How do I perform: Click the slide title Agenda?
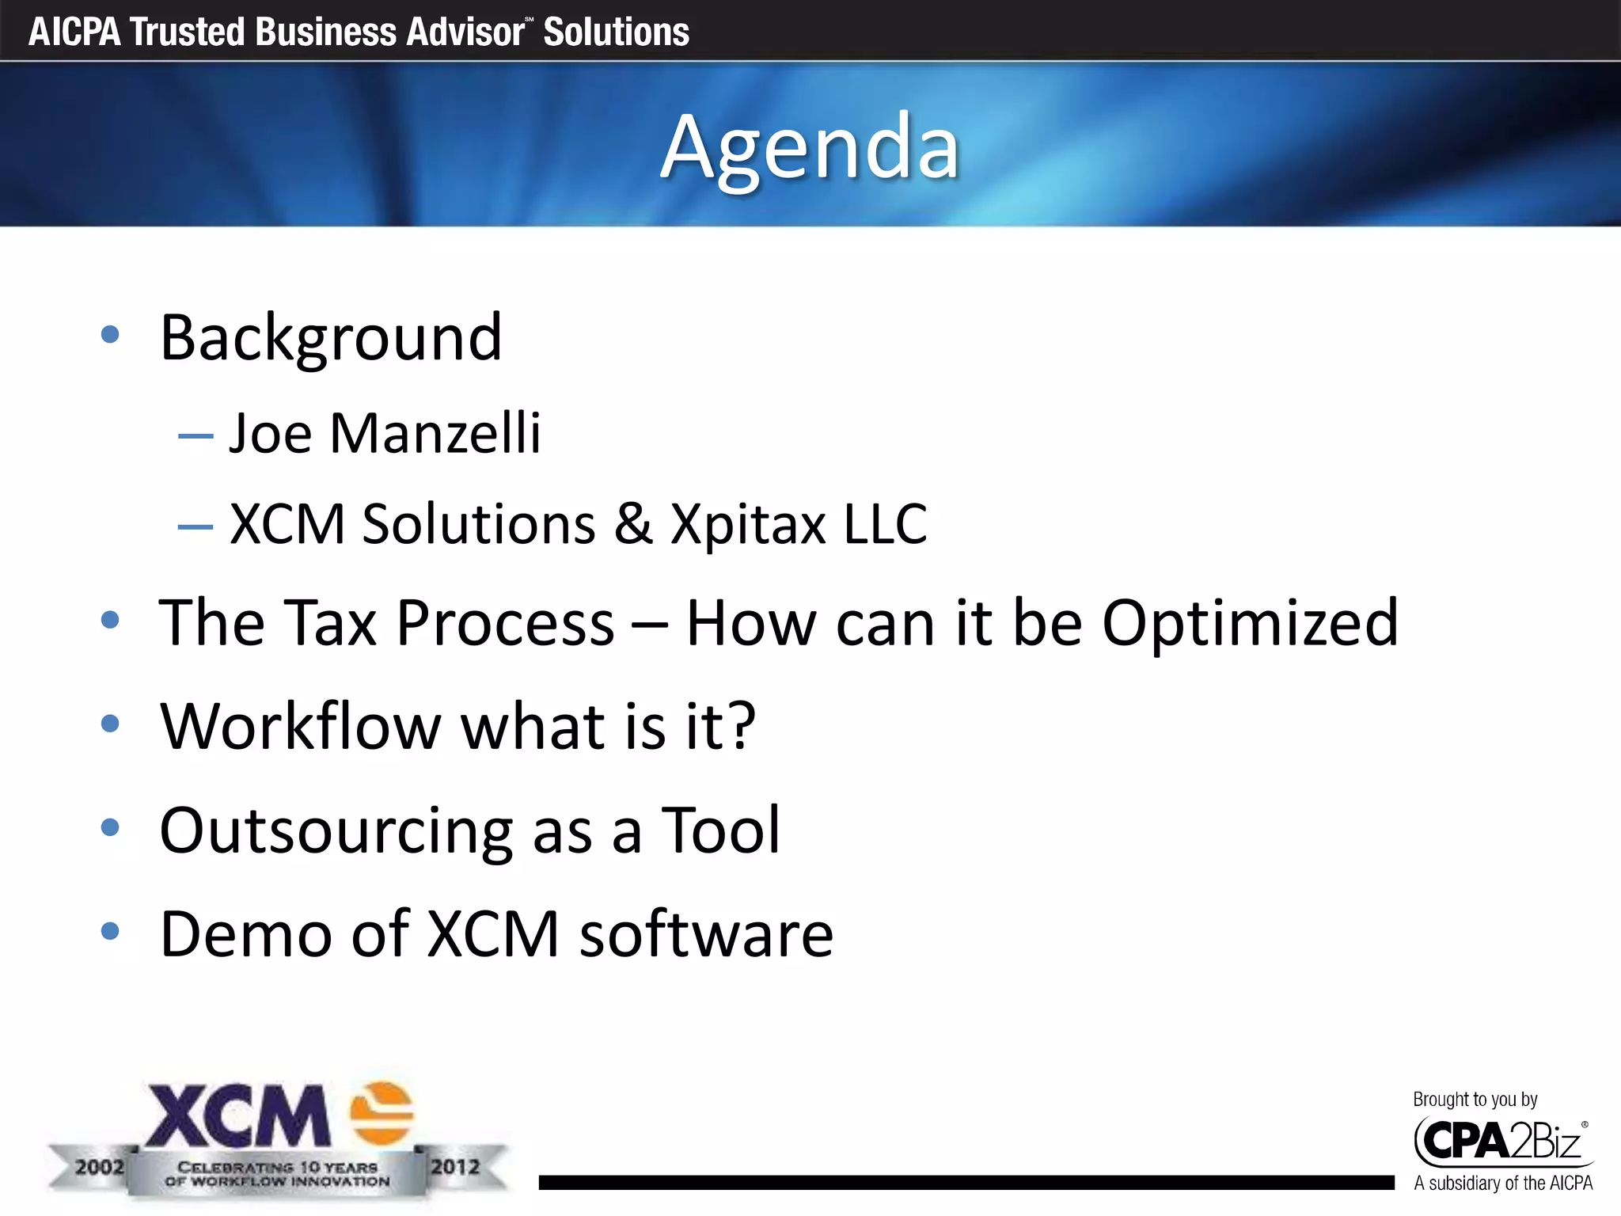tap(810, 148)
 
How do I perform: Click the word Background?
tap(331, 338)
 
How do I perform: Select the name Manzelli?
tap(435, 434)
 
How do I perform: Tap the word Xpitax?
tap(748, 524)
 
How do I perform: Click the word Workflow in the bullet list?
tap(300, 726)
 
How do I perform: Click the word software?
tap(706, 935)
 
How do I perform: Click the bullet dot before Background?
tap(110, 334)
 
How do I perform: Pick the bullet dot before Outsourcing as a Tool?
tap(110, 827)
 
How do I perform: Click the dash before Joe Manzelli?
tap(196, 436)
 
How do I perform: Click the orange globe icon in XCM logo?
tap(382, 1113)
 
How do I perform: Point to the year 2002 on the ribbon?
tap(99, 1167)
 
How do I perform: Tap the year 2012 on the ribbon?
tap(455, 1167)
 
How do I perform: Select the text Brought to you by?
tap(1475, 1100)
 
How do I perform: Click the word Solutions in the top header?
tap(616, 32)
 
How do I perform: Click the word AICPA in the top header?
tap(74, 32)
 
